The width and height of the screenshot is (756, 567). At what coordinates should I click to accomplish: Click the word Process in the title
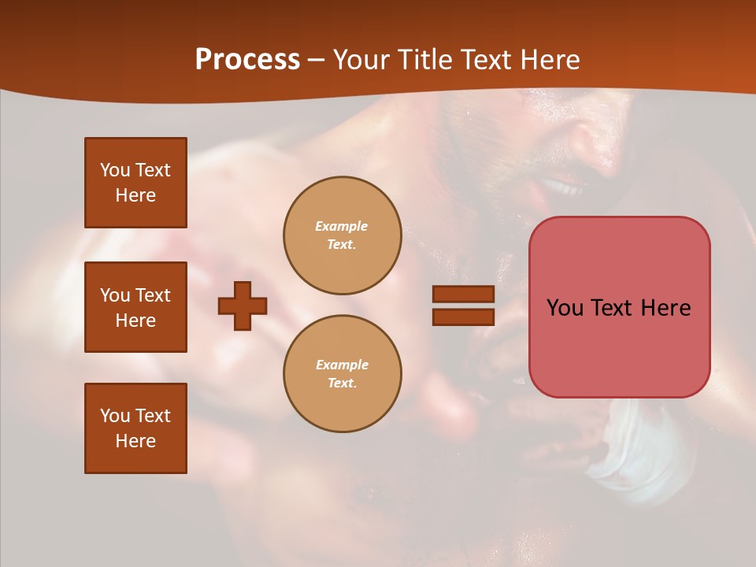(247, 60)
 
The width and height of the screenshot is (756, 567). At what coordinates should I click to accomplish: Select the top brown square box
(135, 183)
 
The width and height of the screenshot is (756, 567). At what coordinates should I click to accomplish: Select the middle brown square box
(135, 307)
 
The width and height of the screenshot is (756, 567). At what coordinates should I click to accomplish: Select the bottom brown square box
(135, 428)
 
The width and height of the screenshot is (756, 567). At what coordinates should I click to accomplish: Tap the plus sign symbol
(243, 306)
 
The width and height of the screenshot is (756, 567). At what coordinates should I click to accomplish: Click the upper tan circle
(342, 235)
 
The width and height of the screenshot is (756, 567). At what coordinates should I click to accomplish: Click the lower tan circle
(342, 373)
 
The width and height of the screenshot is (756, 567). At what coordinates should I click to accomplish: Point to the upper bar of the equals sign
(463, 294)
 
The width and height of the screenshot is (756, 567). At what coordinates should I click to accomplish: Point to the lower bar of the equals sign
(463, 317)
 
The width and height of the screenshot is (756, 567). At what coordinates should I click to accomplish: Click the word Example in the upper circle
(341, 226)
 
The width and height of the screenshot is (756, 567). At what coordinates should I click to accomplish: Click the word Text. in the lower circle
(342, 383)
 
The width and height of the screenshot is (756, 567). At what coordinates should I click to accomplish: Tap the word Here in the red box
(665, 308)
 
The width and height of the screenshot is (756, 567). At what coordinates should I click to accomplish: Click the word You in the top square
(114, 170)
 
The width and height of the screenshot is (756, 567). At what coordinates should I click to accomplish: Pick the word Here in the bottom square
(135, 441)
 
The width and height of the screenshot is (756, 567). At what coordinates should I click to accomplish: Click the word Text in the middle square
(153, 295)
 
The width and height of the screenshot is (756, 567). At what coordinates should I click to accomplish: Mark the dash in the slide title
(317, 60)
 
